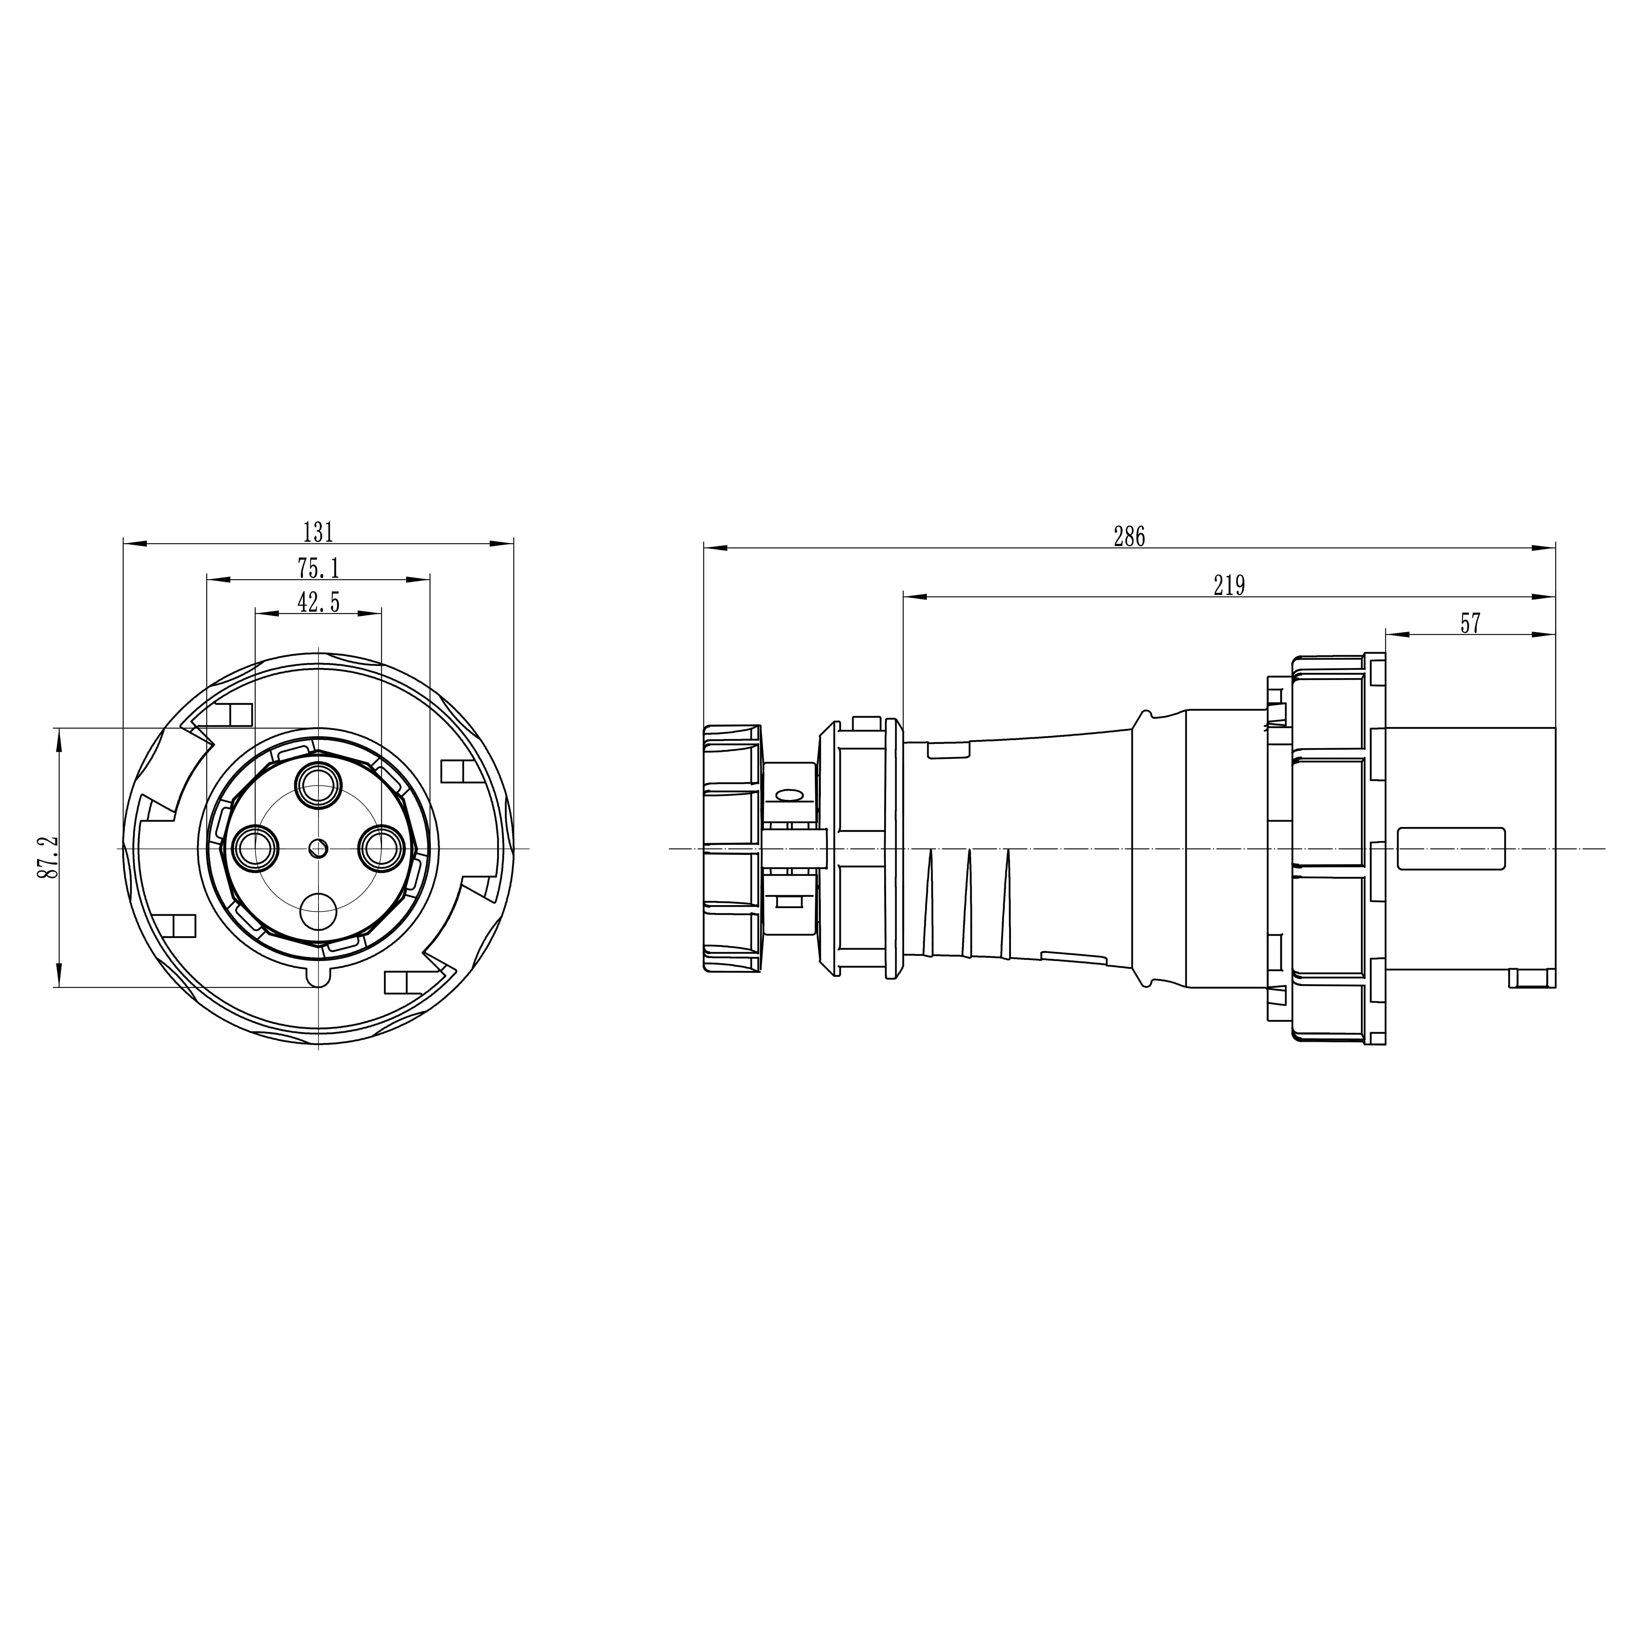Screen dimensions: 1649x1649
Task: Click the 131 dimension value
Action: pos(318,532)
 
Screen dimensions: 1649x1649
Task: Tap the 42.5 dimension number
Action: pos(318,603)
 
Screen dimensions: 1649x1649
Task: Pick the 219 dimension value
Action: pos(1229,585)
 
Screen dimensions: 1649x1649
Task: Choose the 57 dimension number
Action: pos(1470,624)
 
